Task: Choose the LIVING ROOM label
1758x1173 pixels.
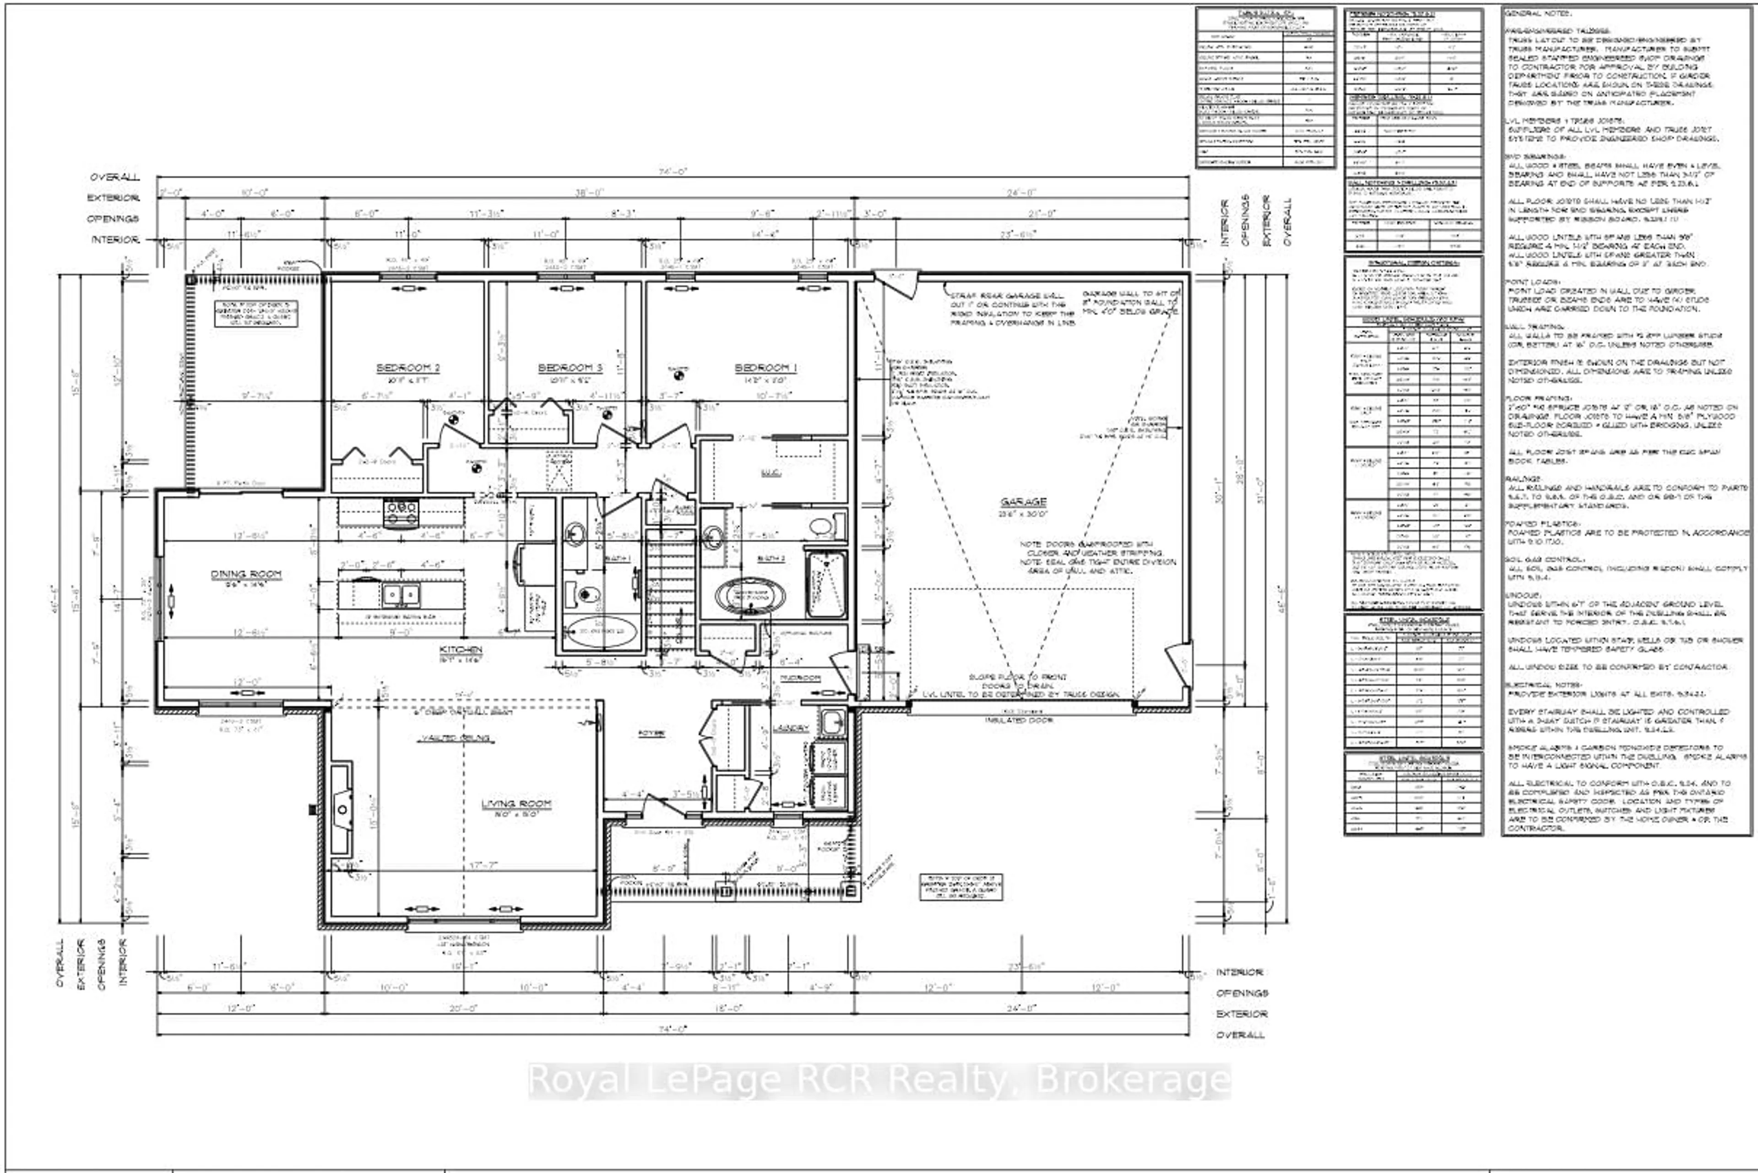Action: (515, 804)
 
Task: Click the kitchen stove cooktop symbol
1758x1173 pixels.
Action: (401, 512)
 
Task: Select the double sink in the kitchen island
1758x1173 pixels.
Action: (401, 595)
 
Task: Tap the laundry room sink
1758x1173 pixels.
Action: (832, 722)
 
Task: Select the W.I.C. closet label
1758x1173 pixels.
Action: (770, 473)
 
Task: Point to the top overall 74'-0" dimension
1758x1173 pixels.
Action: (672, 171)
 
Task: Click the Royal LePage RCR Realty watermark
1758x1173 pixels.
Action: (879, 1080)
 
